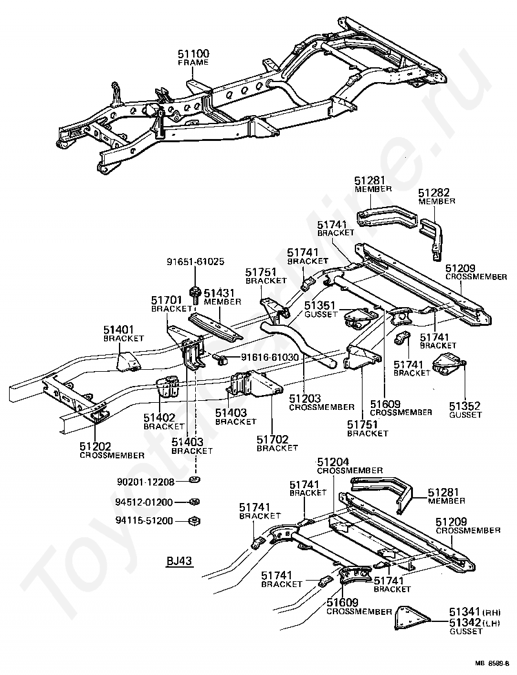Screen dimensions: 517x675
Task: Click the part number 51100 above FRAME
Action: pyautogui.click(x=194, y=54)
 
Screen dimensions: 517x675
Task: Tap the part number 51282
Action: pyautogui.click(x=434, y=193)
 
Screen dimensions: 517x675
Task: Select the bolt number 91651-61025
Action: pyautogui.click(x=196, y=262)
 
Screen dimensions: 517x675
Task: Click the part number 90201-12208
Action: pyautogui.click(x=145, y=482)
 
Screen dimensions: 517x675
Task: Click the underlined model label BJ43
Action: pyautogui.click(x=180, y=562)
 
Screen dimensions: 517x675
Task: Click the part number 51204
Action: pyautogui.click(x=333, y=462)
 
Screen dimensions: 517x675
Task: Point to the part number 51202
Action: pyautogui.click(x=95, y=446)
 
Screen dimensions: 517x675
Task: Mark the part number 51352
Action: pyautogui.click(x=465, y=407)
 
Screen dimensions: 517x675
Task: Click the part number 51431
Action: pyautogui.click(x=219, y=293)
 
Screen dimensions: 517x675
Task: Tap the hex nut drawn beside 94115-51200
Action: pyautogui.click(x=194, y=521)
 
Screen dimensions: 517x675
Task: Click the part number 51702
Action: pyautogui.click(x=272, y=440)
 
